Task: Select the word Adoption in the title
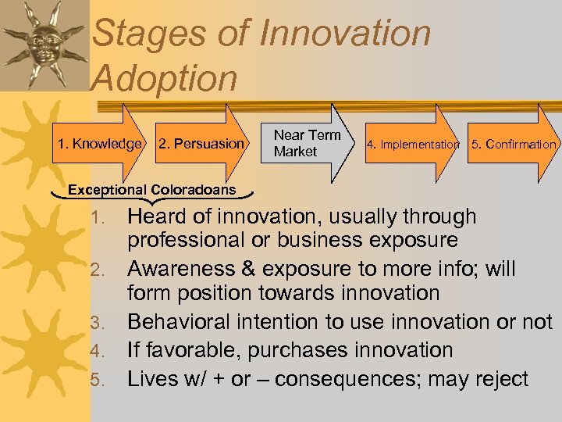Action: click(x=165, y=78)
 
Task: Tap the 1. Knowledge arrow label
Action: click(x=100, y=144)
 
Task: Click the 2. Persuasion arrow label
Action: click(x=202, y=144)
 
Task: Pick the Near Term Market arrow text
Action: click(x=307, y=143)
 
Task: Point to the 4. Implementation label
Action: click(x=413, y=144)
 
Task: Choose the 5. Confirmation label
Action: click(x=514, y=144)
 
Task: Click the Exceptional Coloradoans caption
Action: click(x=151, y=189)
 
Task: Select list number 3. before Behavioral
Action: click(x=97, y=324)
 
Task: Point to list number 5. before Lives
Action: click(x=97, y=381)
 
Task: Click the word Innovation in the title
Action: click(x=344, y=34)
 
